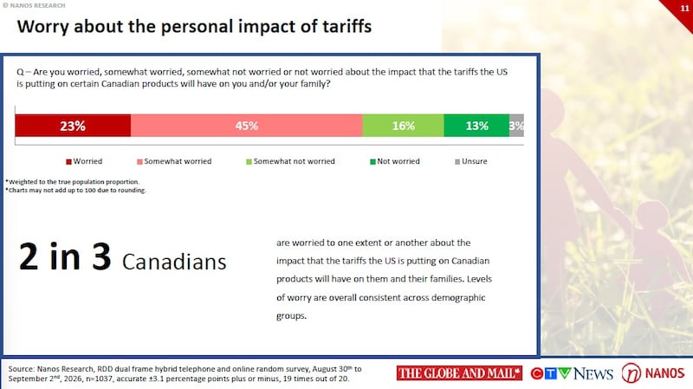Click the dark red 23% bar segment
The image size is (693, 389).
coord(73,126)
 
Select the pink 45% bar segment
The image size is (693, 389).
coord(247,126)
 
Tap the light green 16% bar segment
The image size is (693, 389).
coord(403,126)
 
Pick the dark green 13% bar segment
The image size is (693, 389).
coord(476,126)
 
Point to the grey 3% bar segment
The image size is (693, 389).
coord(516,126)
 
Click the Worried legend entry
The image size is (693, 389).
coord(84,161)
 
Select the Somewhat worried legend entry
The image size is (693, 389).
coord(174,161)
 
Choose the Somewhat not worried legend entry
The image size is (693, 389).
coord(290,161)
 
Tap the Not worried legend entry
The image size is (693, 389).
coord(395,161)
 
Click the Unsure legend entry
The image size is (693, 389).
coord(471,161)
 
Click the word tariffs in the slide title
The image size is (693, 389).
coord(347,27)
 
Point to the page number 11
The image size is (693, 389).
coord(684,9)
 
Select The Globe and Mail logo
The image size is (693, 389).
coord(459,373)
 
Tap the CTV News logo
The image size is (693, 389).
coord(572,373)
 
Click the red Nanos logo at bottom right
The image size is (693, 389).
coord(653,373)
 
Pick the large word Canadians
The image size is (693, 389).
coord(174,262)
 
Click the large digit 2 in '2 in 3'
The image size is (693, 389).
coord(29,256)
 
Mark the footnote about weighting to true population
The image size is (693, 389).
coord(73,182)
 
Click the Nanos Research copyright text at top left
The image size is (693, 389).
coord(34,5)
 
